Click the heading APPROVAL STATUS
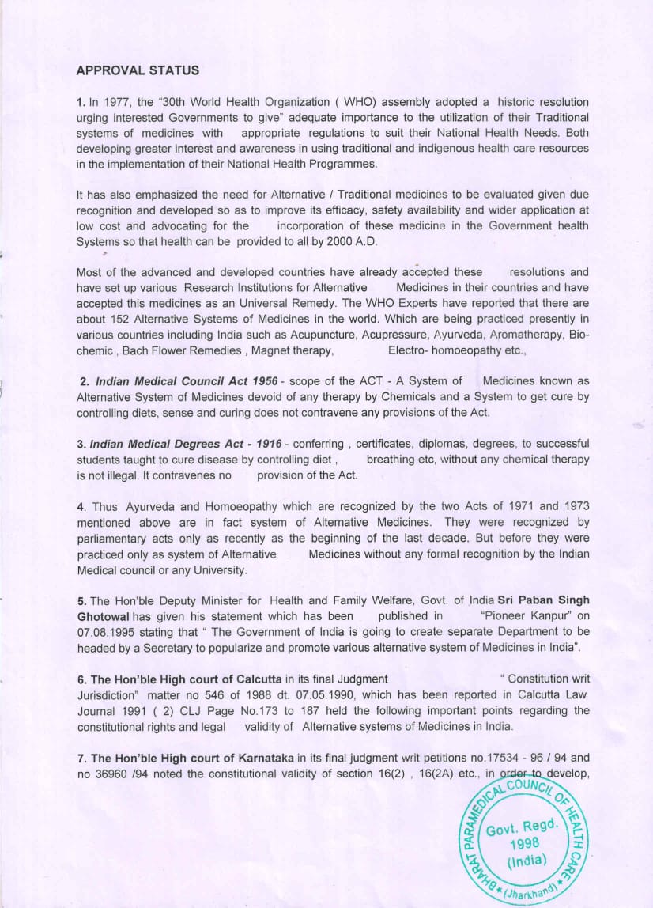coord(138,70)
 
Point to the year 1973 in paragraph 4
coord(575,506)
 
